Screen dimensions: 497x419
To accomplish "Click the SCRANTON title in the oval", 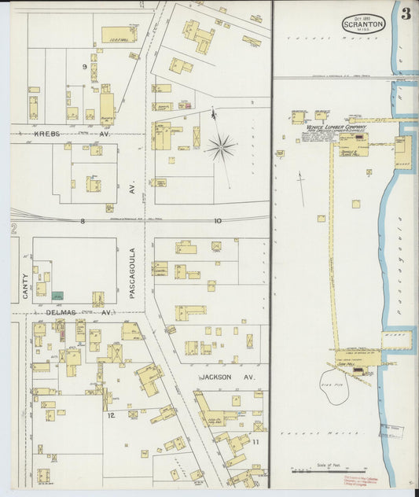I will (x=363, y=25).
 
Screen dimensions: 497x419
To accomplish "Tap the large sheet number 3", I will (x=406, y=13).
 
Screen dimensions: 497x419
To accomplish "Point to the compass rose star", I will (x=221, y=146).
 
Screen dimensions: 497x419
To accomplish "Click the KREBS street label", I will (x=47, y=134).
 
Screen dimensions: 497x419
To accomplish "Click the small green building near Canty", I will (x=57, y=295).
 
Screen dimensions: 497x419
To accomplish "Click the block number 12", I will (x=111, y=414).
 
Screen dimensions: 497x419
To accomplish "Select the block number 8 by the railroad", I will (x=82, y=222).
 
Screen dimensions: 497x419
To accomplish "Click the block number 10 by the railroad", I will (x=218, y=222).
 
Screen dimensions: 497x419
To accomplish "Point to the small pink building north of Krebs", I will (x=186, y=105).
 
